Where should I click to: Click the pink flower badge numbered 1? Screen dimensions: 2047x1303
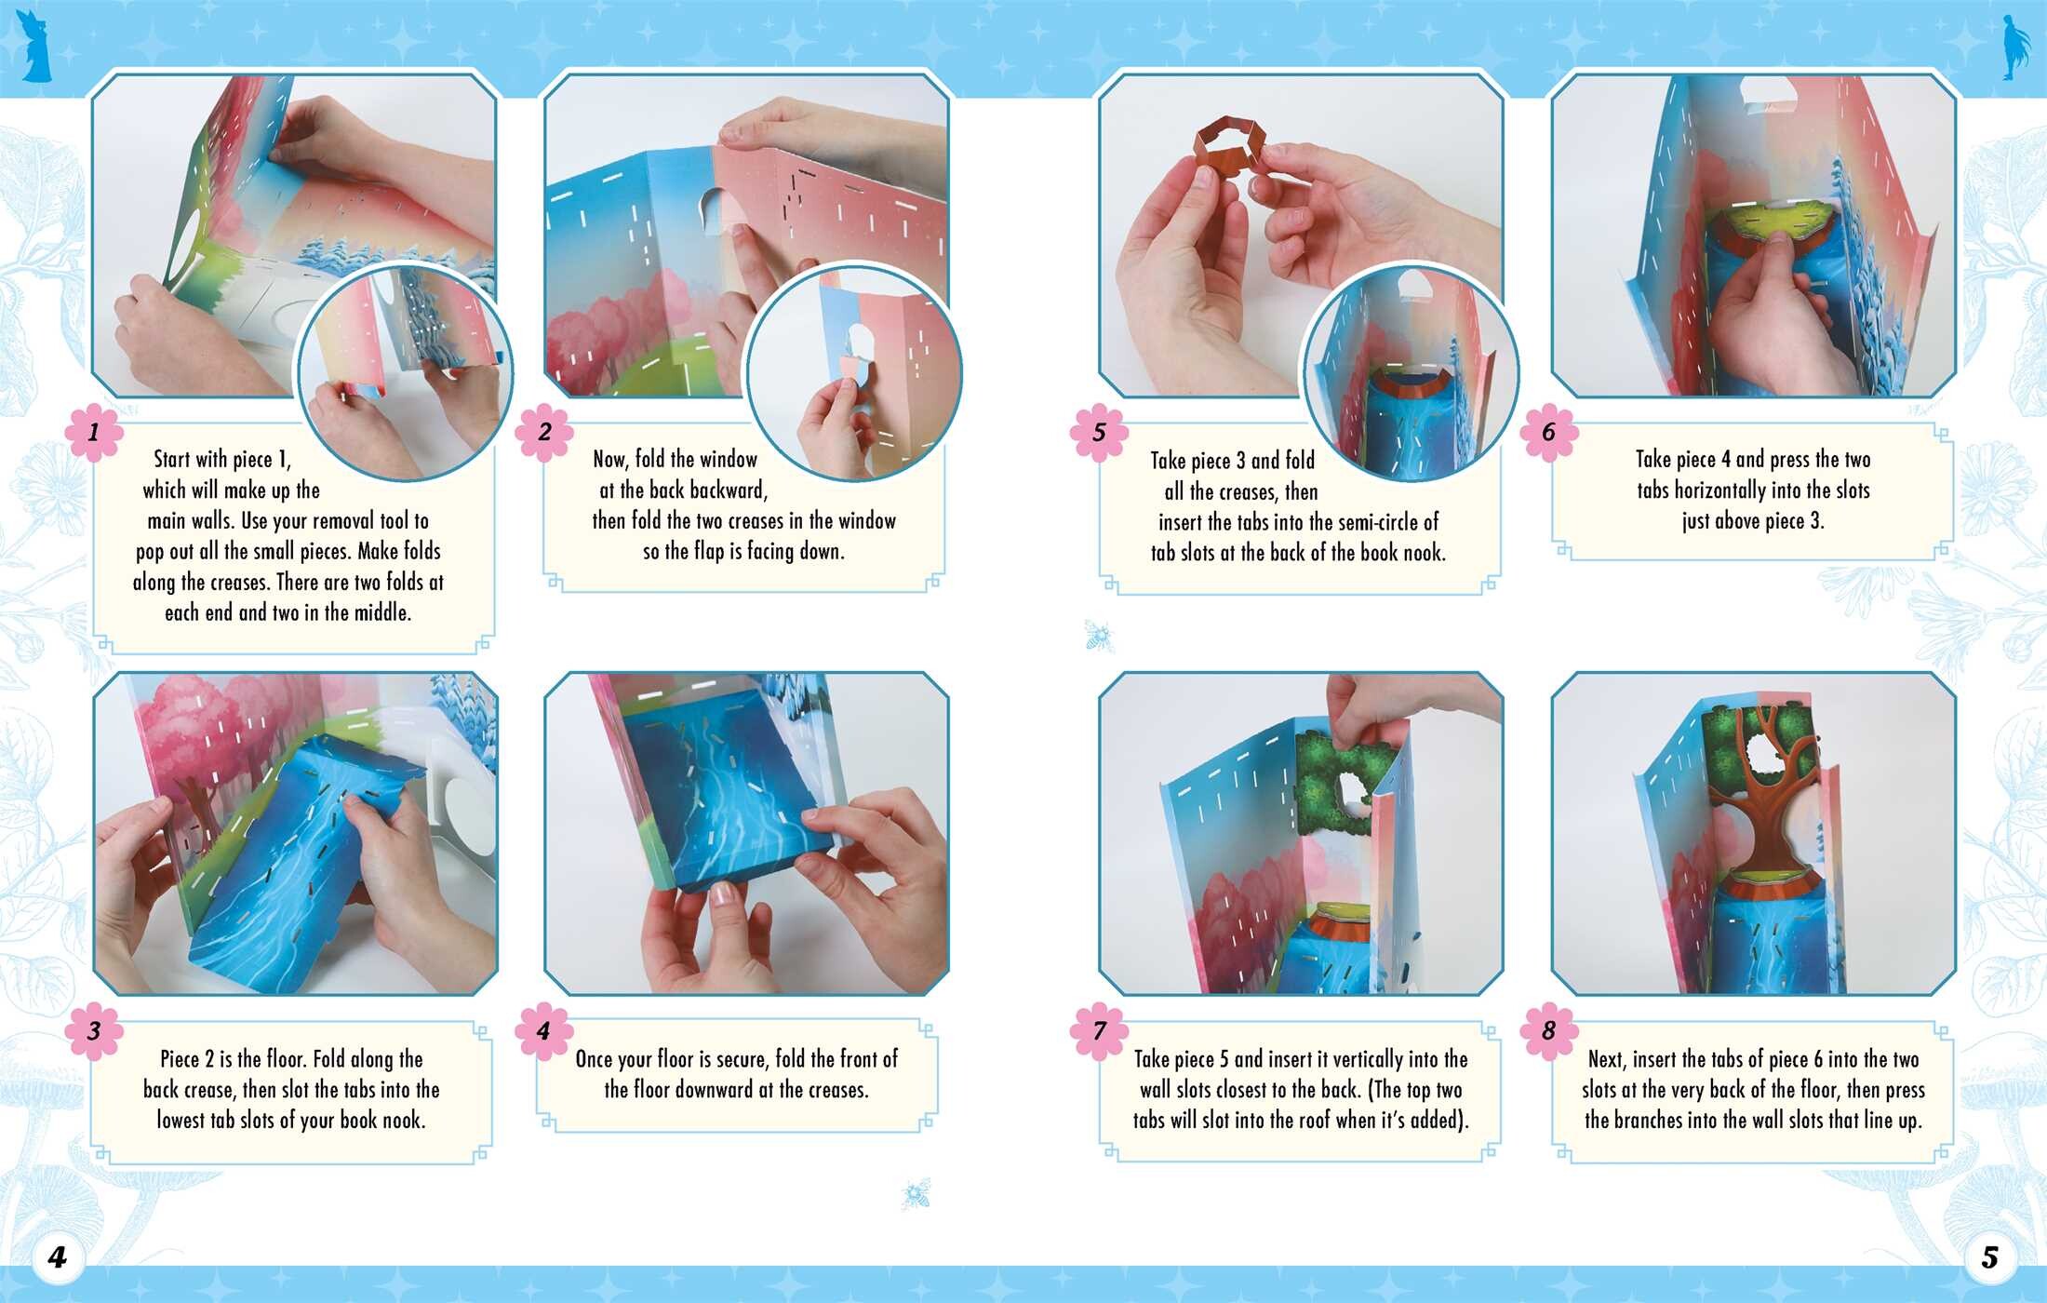point(93,433)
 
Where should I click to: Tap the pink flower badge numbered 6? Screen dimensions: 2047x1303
point(1549,433)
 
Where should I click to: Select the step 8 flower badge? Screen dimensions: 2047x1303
point(1549,1031)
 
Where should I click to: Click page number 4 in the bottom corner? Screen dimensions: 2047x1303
point(58,1258)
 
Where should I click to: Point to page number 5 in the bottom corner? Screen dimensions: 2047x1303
point(1989,1258)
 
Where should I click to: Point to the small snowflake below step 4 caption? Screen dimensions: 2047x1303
point(916,1193)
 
